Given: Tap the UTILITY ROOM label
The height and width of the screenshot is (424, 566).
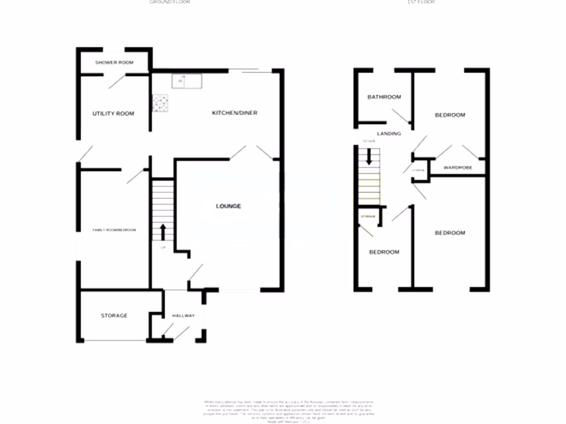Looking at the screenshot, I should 113,114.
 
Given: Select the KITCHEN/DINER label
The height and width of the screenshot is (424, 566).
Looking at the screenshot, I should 235,113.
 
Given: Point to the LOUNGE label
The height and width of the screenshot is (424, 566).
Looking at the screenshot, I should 228,206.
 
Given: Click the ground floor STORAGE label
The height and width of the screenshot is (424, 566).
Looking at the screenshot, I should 114,316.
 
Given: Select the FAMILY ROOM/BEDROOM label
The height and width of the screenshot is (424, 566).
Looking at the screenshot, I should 114,230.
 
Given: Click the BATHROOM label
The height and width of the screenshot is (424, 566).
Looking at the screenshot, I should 384,97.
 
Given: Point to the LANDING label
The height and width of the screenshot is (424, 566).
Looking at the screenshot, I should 389,134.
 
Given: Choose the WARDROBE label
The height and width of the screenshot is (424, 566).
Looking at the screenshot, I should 458,167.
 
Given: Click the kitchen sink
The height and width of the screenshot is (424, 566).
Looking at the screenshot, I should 187,81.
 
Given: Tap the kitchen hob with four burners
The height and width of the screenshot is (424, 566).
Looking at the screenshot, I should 161,103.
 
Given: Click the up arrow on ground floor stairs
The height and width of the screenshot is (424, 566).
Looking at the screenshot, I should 163,232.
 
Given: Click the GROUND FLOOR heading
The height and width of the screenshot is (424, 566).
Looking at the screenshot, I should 170,2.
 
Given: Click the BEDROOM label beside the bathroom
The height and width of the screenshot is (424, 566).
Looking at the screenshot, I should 450,115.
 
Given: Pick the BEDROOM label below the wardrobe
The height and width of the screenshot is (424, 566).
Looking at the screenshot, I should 450,233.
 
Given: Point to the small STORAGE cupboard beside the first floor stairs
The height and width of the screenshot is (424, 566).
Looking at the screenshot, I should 369,216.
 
